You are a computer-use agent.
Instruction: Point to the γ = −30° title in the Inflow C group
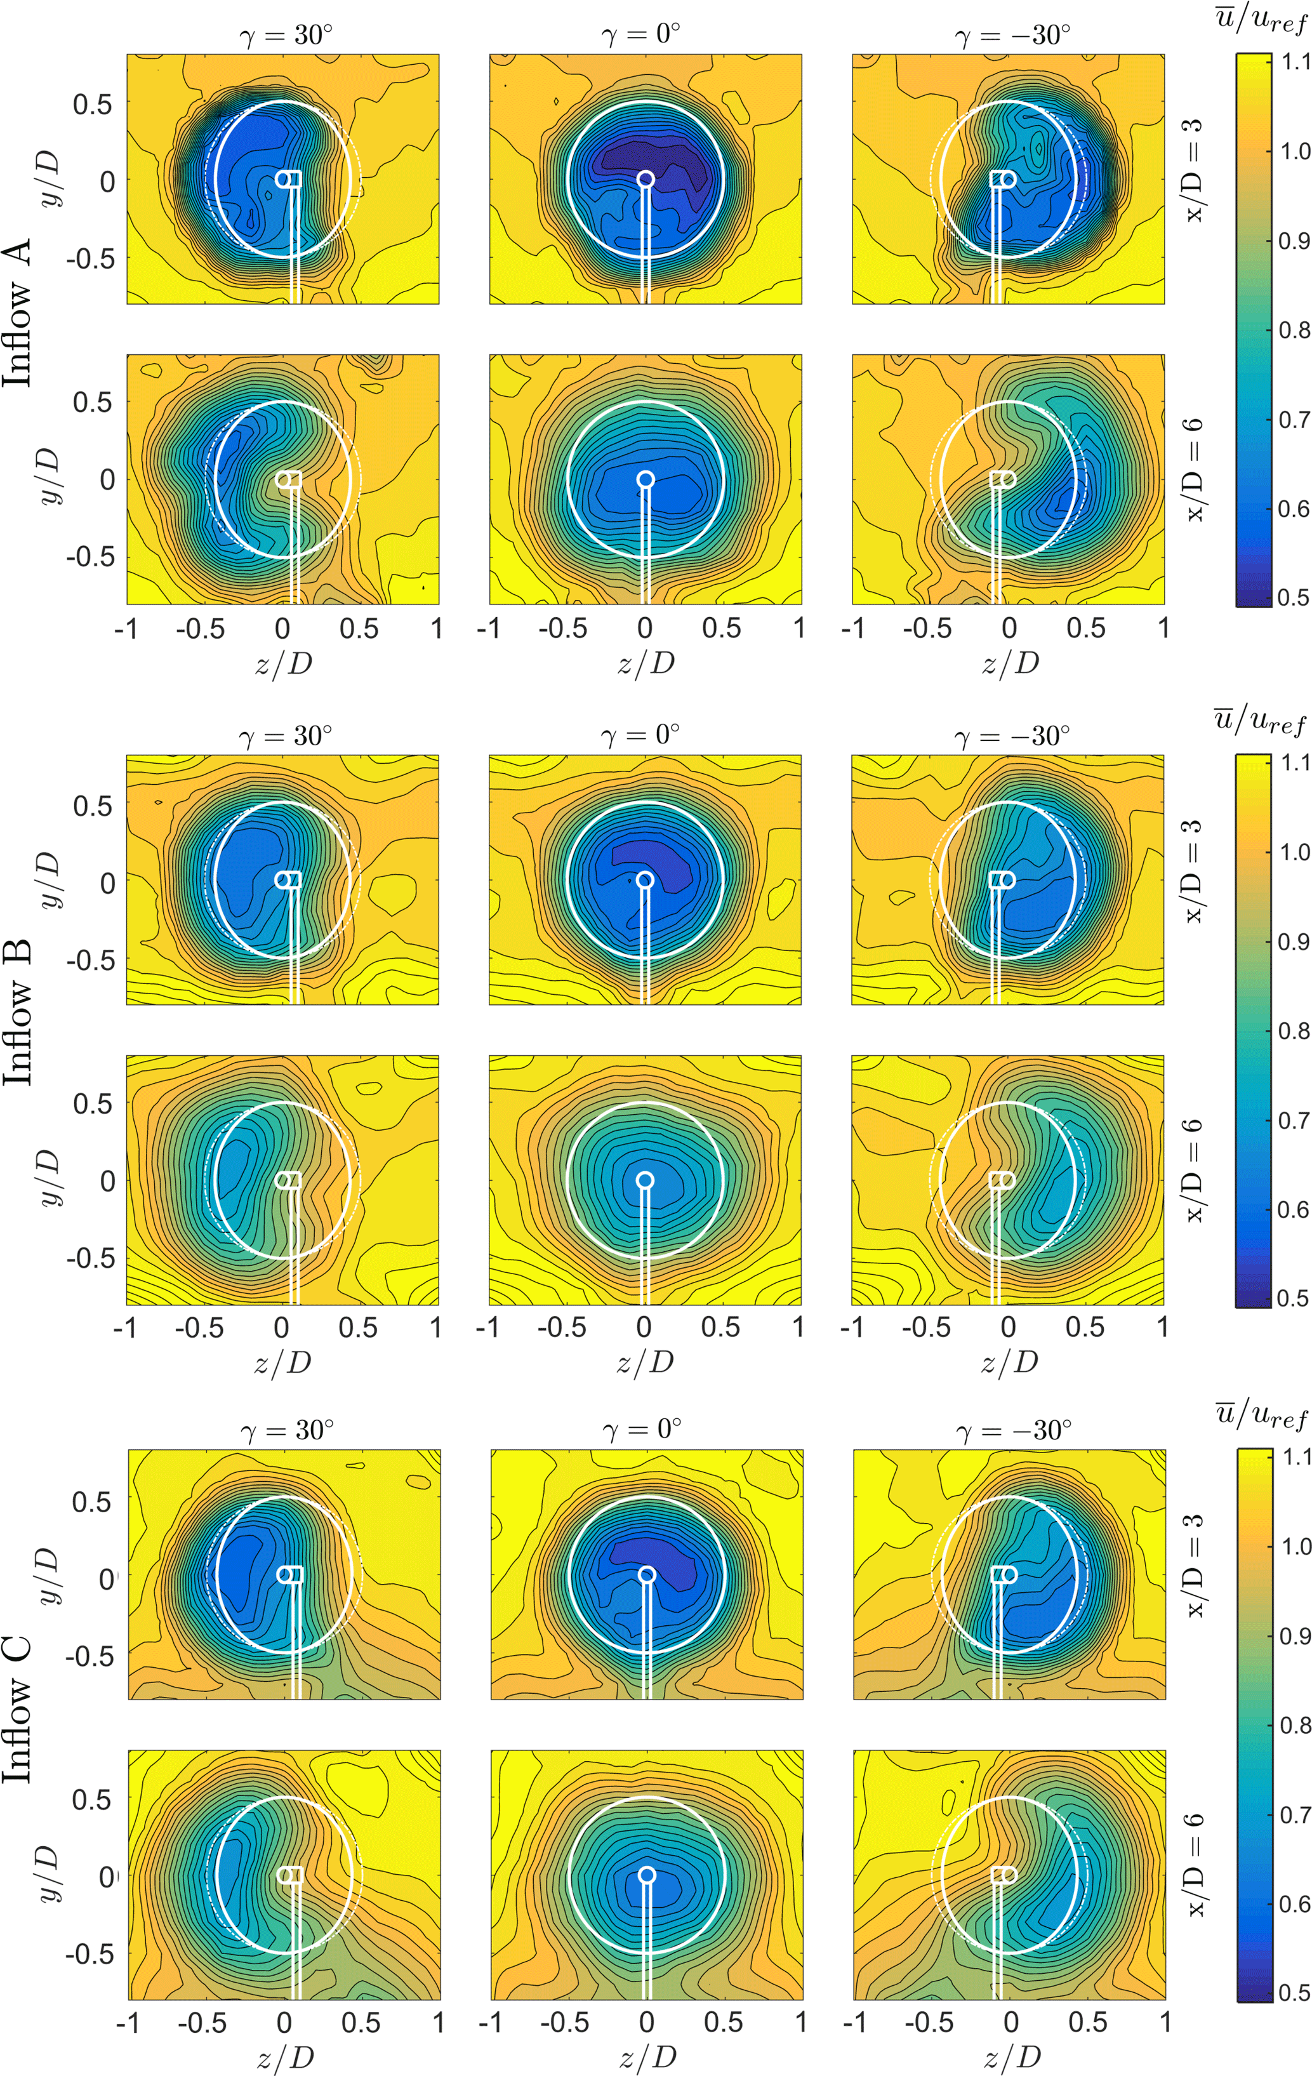point(1014,1431)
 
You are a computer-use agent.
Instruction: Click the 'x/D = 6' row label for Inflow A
point(1195,469)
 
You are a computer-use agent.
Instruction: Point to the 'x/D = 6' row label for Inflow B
point(1195,1171)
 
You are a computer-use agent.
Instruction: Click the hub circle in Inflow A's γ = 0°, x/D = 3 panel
point(646,178)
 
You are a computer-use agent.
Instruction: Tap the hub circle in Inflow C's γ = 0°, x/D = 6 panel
point(647,1874)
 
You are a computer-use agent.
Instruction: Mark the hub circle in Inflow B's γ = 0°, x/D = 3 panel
point(645,879)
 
